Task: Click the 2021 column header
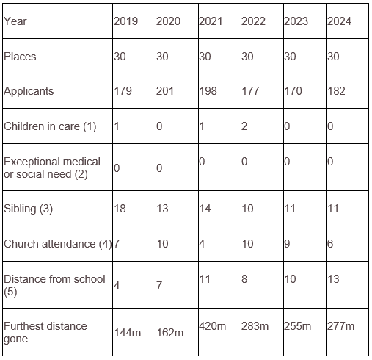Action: (211, 21)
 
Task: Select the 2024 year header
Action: (339, 21)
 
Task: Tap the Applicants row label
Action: (29, 91)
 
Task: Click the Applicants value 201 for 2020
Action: (165, 91)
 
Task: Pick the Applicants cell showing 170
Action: (293, 91)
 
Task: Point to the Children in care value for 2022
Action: (244, 126)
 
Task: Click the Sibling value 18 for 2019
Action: (120, 209)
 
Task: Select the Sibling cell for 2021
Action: (205, 209)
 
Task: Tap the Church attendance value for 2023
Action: (287, 244)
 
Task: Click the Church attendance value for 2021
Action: (202, 244)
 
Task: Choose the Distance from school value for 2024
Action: (333, 279)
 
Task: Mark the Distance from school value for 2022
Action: (244, 279)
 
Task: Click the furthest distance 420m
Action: (213, 326)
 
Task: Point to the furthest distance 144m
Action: (128, 333)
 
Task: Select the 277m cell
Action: (340, 326)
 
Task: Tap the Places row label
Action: (20, 57)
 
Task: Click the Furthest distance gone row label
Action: (45, 332)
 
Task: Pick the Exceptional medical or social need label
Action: (52, 168)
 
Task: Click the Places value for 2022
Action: (247, 57)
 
